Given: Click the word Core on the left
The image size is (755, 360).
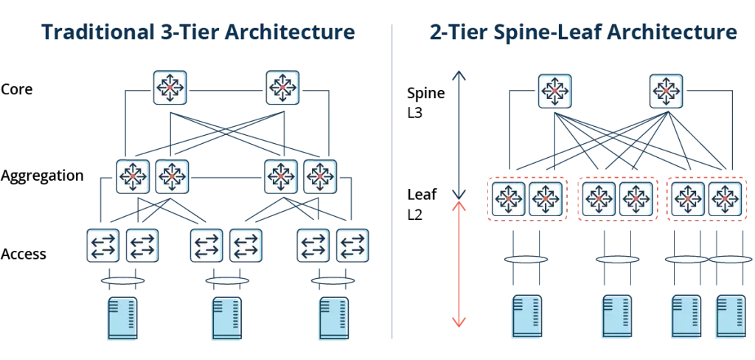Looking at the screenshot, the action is coord(17,89).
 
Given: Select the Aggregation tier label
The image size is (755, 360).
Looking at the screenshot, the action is coord(42,176).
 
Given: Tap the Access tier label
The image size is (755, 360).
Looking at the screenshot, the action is coord(24,254).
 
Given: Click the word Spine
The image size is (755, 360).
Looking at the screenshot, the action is coord(426,94).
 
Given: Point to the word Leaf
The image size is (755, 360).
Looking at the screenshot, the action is coord(422,195).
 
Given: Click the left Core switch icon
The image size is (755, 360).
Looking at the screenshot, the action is coord(170,88).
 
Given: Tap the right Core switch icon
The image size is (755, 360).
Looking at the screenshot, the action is coord(282,88).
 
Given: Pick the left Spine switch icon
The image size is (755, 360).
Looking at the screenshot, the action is coord(554,91).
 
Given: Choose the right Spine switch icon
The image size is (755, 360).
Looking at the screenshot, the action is coord(666,91).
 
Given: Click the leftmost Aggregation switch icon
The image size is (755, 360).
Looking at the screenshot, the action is coord(133,176).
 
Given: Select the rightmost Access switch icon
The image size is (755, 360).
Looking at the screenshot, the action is coord(352,246).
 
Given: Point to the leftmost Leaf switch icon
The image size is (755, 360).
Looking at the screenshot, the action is coord(508,198).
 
